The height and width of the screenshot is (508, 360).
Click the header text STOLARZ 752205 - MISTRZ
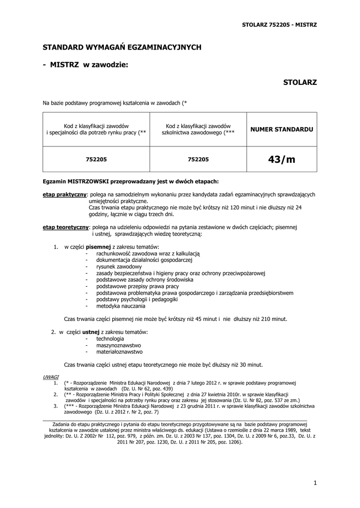coord(279,24)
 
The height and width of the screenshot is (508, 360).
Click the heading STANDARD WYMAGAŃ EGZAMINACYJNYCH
coord(122,47)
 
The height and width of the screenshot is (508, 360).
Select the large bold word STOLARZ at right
coord(299,82)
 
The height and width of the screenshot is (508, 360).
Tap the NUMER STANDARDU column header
coord(282,129)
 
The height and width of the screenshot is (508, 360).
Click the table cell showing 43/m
coord(282,159)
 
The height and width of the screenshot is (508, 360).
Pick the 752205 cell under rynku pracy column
coord(96,159)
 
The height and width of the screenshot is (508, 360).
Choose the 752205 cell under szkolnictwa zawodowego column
coord(199,159)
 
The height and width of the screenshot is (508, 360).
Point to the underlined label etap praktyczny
coord(65,195)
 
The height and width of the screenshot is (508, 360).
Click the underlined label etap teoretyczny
coord(66,227)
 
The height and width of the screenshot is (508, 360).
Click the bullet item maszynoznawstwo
coord(119,345)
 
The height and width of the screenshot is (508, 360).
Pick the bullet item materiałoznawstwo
coord(119,352)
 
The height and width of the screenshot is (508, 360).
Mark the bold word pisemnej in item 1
coord(98,247)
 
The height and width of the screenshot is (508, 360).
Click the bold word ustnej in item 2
coord(91,331)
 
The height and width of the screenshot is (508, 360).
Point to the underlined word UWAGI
coord(51,377)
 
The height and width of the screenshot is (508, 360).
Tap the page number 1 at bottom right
coord(315,483)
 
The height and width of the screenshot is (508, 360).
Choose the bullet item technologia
coord(110,338)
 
